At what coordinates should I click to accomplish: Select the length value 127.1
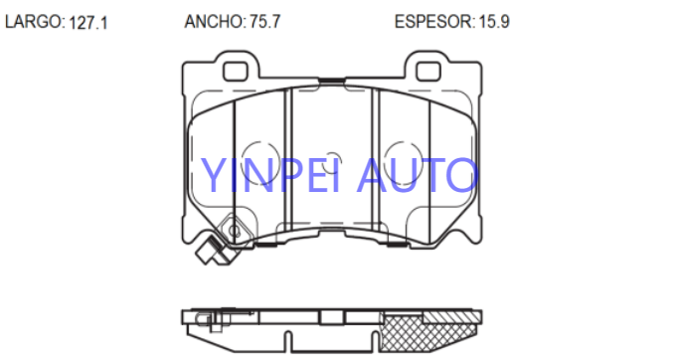88,23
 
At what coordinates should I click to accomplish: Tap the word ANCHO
213,21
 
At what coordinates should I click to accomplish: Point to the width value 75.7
264,21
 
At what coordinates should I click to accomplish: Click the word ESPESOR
432,21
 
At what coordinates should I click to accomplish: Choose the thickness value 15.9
494,21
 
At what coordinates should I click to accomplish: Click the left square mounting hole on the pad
236,72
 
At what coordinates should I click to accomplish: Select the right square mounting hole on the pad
428,72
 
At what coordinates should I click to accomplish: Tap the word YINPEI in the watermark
270,175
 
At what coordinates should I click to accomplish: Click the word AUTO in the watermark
417,175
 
